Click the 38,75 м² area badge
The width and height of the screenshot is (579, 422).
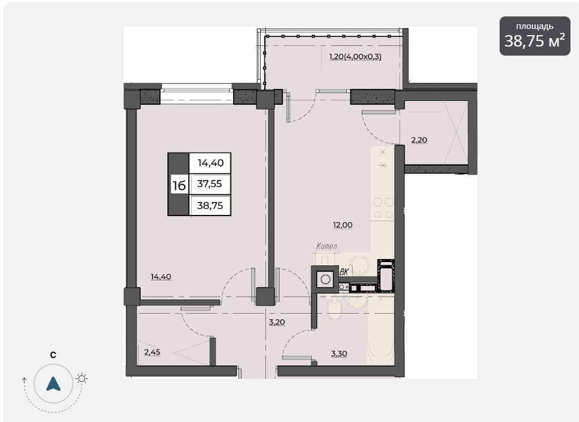click(x=535, y=36)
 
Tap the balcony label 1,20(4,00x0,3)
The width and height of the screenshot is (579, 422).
click(x=355, y=57)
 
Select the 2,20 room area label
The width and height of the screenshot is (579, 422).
click(x=419, y=140)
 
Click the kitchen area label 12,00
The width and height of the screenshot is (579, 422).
click(x=343, y=225)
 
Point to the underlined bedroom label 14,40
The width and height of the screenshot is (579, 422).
click(x=161, y=277)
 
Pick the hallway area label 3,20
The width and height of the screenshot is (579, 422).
click(x=277, y=322)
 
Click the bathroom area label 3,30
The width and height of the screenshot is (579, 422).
click(x=339, y=353)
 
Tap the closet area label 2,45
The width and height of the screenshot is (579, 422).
click(x=152, y=352)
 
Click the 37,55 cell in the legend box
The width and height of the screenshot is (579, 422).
click(x=210, y=184)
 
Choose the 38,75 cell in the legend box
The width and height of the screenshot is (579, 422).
click(x=210, y=205)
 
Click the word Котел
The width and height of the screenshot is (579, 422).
click(x=327, y=246)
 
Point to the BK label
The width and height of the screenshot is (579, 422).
click(x=344, y=272)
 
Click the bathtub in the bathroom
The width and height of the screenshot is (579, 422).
click(x=380, y=330)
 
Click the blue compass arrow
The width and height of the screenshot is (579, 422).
click(x=53, y=384)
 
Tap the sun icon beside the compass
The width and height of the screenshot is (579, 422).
click(x=82, y=378)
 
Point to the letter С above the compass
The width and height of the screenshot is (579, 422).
click(x=53, y=355)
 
